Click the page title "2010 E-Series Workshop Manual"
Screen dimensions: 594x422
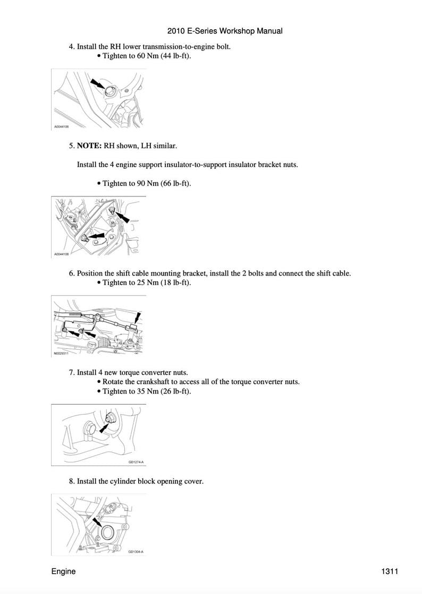pos(225,31)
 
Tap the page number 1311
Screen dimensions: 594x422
pos(390,571)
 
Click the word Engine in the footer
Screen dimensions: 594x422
pos(63,571)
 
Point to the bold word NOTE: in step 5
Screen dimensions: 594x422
pos(89,145)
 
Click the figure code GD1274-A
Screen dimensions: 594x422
pos(136,461)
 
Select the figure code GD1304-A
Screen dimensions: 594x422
pos(136,552)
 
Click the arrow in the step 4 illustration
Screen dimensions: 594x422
pos(97,84)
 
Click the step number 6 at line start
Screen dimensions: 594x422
pos(71,273)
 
